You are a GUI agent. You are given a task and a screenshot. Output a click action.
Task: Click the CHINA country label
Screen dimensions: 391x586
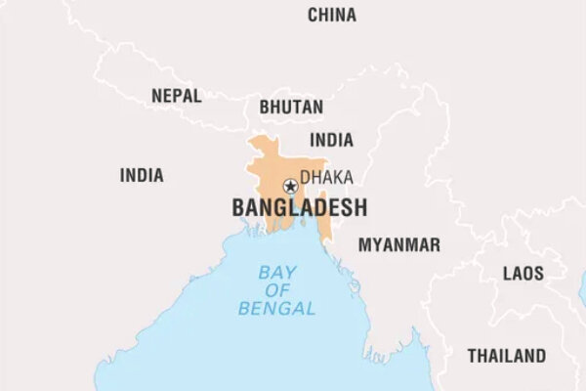pos(332,15)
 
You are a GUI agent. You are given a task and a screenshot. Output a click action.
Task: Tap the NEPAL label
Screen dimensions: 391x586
pos(177,96)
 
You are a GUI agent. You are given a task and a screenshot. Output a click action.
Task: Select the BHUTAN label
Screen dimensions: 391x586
pos(292,107)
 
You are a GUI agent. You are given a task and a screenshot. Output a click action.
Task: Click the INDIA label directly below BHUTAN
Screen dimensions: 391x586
pos(331,140)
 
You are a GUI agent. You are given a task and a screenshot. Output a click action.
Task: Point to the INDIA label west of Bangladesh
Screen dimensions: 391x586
pos(142,176)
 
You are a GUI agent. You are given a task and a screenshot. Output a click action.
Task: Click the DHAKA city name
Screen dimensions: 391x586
pos(326,177)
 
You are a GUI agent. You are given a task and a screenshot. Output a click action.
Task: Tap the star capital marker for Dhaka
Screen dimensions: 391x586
pos(290,186)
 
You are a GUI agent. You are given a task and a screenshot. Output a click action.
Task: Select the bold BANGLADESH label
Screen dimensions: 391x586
pos(299,207)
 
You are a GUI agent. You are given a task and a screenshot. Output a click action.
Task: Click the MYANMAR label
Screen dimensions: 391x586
pos(398,244)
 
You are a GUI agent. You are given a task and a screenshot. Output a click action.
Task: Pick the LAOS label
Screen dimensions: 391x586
pos(523,274)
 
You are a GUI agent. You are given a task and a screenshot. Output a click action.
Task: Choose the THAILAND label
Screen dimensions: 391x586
pos(506,355)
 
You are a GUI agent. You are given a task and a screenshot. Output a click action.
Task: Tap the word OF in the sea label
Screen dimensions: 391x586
pos(277,290)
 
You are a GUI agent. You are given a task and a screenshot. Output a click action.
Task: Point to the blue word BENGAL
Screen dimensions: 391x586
pos(277,309)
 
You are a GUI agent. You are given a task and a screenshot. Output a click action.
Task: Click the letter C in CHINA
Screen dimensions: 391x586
pos(313,15)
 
